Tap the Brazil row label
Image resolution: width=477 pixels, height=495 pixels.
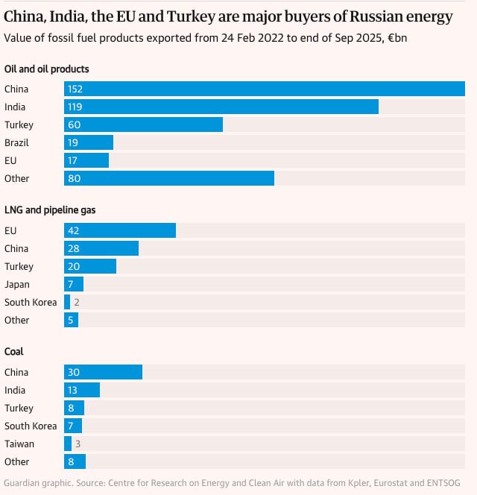(x=16, y=142)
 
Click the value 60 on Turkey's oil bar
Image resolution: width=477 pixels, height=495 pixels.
(x=74, y=124)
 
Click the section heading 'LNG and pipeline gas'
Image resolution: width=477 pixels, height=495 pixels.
(x=50, y=210)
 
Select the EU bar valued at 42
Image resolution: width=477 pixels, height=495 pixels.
(x=120, y=230)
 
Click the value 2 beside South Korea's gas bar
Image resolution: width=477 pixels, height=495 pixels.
(x=77, y=302)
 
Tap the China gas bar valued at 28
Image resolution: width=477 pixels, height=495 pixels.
(x=101, y=248)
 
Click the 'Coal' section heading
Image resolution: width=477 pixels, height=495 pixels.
(x=16, y=352)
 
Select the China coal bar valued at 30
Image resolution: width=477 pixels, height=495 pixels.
(x=103, y=372)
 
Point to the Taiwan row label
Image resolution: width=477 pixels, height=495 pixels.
(x=19, y=444)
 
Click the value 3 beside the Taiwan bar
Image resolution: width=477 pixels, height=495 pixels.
(x=78, y=444)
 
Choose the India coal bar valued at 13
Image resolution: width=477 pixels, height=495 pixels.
(x=82, y=390)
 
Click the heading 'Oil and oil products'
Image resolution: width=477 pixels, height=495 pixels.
(x=46, y=69)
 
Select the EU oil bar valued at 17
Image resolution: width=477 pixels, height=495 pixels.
(x=86, y=160)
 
